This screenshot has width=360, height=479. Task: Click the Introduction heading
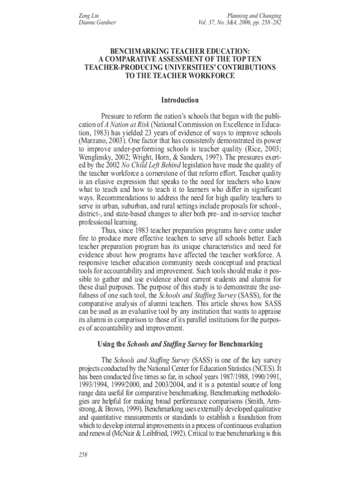[180, 100]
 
